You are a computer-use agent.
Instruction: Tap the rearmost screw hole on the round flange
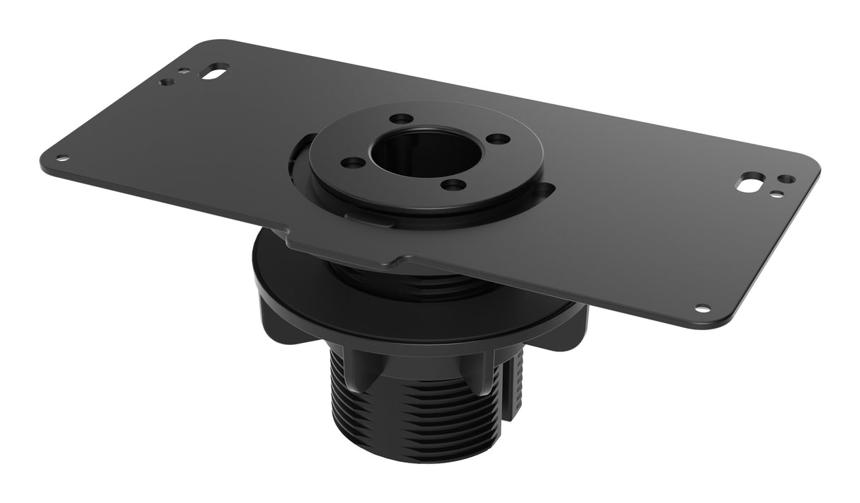401,118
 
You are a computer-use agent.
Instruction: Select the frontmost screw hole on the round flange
453,186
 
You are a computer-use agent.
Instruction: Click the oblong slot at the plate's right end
748,184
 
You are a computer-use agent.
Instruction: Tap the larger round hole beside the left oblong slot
167,82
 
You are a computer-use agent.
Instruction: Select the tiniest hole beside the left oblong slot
184,71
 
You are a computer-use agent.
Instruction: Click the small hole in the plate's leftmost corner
62,159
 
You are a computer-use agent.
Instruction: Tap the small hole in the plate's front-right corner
702,308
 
